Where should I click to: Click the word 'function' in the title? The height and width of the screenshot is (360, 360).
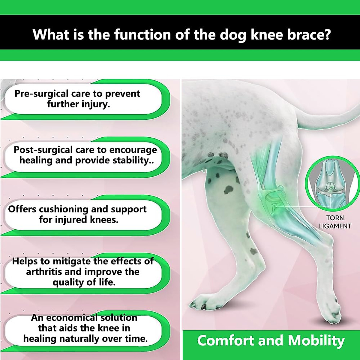[x=142, y=34]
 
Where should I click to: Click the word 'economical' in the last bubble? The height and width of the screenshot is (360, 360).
[x=72, y=318]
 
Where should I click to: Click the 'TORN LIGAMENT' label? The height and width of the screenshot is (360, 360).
[x=335, y=222]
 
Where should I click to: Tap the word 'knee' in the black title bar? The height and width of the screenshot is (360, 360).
[x=266, y=34]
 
